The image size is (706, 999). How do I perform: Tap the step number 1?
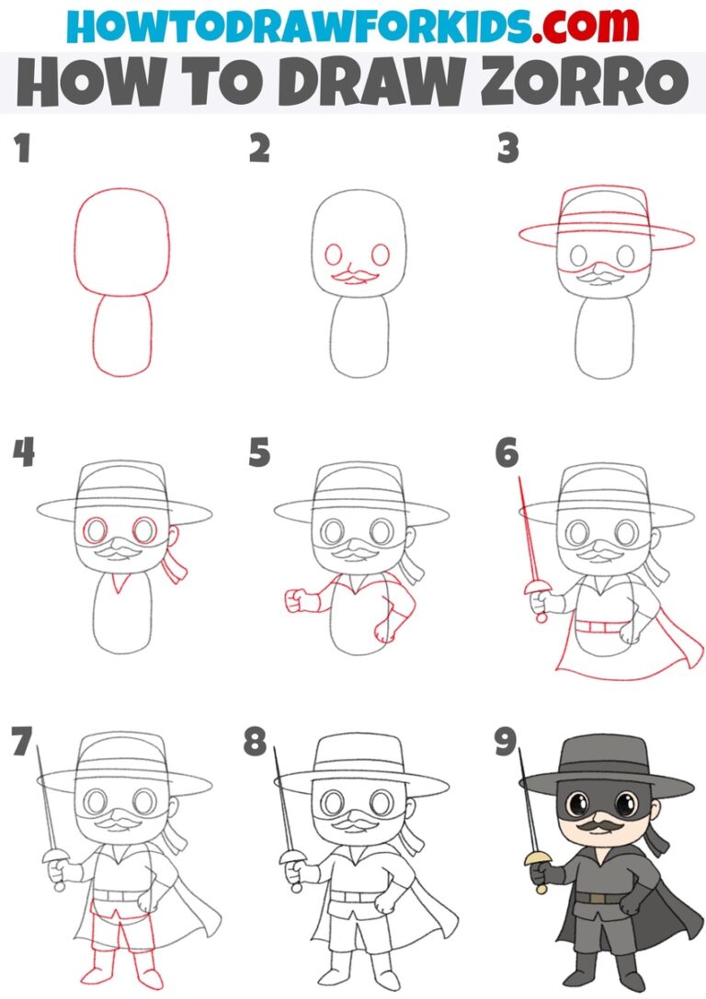point(21,149)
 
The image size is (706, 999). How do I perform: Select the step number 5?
point(259,453)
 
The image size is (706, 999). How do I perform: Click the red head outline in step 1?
point(121,242)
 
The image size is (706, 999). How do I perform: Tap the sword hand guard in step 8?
point(292,858)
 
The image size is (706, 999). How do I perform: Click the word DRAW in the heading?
point(344,84)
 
